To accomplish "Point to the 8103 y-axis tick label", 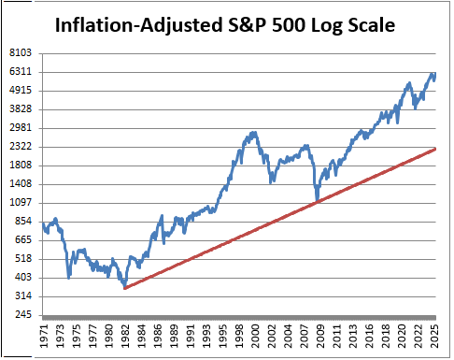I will pos(21,53).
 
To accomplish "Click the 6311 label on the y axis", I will pos(21,72).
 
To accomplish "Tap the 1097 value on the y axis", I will pos(21,203).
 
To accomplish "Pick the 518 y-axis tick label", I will pos(21,259).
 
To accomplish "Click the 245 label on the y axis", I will pos(21,315).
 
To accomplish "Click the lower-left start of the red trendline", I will pos(124,288).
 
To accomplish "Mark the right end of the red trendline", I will pos(435,148).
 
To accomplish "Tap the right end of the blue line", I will pos(435,74).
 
